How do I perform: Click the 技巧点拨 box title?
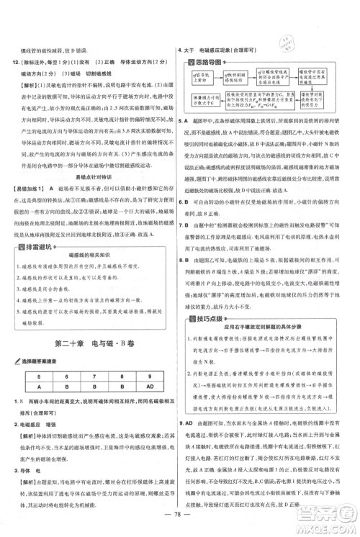(212, 278)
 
